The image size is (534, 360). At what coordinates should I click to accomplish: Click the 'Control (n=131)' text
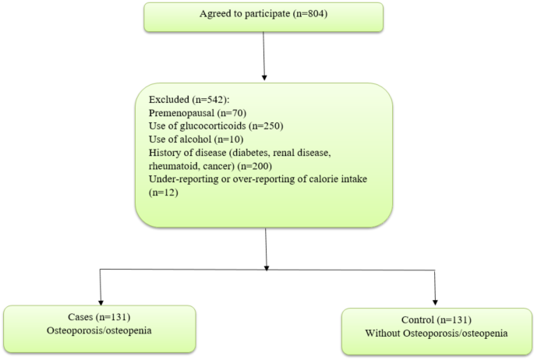pos(435,319)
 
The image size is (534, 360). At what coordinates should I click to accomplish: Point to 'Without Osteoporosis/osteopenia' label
pos(435,333)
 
